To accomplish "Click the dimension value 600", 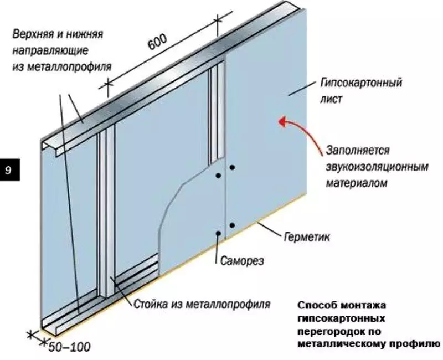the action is point(158,43).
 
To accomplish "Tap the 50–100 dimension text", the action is point(69,347).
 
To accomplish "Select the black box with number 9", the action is point(10,169).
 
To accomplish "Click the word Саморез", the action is point(242,260).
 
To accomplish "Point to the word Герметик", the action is point(307,237).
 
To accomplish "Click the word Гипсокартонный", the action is point(361,83).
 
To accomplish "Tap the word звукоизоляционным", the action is point(377,167).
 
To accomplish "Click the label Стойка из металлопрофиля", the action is point(202,304).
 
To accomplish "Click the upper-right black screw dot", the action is point(232,168).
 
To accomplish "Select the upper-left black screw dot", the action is point(218,176).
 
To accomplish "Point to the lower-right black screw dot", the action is point(232,225).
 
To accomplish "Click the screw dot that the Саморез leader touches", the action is point(218,233).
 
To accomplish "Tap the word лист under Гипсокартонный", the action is point(331,99).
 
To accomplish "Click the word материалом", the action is point(356,183).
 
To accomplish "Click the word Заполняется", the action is point(358,150).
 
